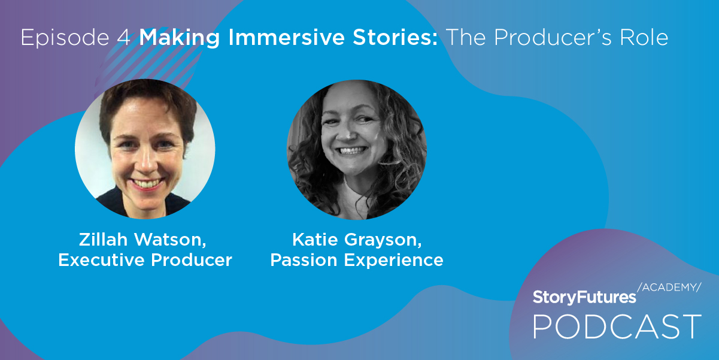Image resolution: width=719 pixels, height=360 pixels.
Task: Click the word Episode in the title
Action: click(65, 38)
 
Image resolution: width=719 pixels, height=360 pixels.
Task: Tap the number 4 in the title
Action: click(124, 37)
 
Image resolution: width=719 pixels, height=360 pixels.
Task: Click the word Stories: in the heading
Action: click(395, 37)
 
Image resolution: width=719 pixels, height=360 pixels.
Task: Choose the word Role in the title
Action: click(644, 37)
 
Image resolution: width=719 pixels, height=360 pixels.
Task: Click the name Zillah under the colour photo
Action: click(103, 239)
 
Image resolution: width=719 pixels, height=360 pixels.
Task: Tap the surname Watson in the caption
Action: click(170, 240)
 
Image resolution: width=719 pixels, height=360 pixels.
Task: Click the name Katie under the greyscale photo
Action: click(314, 239)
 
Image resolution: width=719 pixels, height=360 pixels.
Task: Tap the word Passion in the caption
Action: click(304, 260)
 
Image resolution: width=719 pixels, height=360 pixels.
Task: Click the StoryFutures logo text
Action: click(584, 297)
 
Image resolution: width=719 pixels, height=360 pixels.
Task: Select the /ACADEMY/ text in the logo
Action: click(669, 288)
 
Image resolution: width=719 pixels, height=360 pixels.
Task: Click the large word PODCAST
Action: click(617, 326)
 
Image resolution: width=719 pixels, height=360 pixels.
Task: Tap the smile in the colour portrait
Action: click(147, 184)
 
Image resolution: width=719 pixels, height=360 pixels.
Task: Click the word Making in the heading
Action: click(179, 38)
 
